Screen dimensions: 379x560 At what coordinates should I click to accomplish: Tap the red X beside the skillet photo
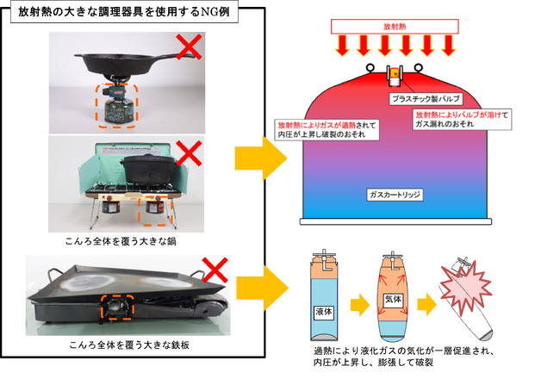[189, 47]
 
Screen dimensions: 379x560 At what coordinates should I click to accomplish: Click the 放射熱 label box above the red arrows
[391, 26]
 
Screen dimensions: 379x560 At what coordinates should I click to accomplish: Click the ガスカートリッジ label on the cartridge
[394, 195]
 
